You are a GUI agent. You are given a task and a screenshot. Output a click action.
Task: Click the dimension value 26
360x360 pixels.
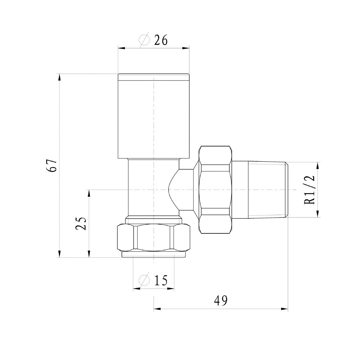coord(161,40)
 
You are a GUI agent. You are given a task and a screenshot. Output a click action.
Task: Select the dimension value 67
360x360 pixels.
coord(51,166)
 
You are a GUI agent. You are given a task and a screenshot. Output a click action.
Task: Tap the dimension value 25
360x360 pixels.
coord(81,223)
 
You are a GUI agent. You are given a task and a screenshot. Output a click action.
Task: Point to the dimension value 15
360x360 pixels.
coord(161,280)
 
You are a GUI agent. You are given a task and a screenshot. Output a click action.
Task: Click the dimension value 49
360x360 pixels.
coord(220,301)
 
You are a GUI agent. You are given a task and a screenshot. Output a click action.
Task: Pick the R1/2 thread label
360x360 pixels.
coord(310,190)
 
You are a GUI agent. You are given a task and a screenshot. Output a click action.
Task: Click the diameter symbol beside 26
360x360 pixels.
coord(144,40)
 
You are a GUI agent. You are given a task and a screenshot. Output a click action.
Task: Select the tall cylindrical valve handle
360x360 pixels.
coord(154,116)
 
